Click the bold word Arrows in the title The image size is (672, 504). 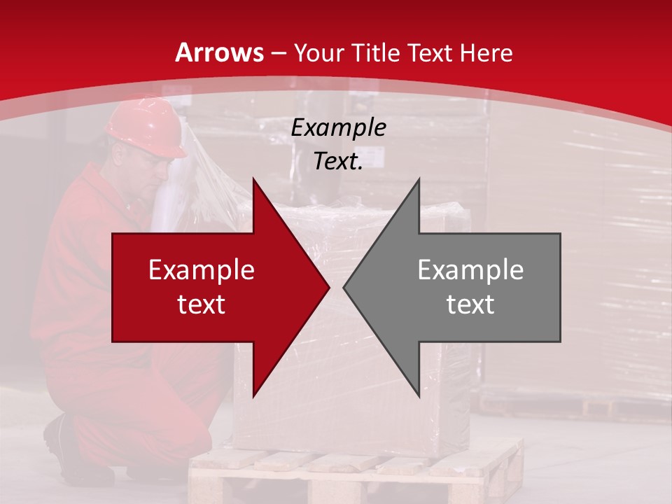(220, 52)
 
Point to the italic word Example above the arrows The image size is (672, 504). (338, 128)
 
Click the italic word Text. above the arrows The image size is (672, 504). (338, 162)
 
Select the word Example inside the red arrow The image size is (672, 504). (202, 270)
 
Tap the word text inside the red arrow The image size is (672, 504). (202, 304)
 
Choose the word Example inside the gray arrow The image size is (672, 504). (470, 270)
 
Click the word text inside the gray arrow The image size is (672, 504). (470, 304)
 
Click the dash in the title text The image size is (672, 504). (278, 53)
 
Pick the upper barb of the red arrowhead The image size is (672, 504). (254, 183)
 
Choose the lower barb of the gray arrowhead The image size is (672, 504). (418, 392)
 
